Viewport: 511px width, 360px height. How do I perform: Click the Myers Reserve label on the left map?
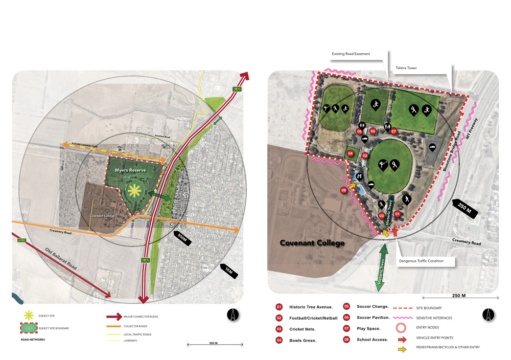[x=131, y=170]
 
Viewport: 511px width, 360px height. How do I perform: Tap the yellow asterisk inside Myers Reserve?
[x=134, y=191]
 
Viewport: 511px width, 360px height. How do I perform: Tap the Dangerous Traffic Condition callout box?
[x=421, y=261]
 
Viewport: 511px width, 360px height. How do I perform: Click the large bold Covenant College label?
[x=312, y=243]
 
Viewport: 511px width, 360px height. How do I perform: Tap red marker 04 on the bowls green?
[x=351, y=152]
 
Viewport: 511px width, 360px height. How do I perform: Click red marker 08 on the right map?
[x=343, y=191]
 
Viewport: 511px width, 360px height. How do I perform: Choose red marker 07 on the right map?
[x=393, y=131]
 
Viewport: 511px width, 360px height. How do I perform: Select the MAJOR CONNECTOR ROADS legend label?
[x=141, y=317]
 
